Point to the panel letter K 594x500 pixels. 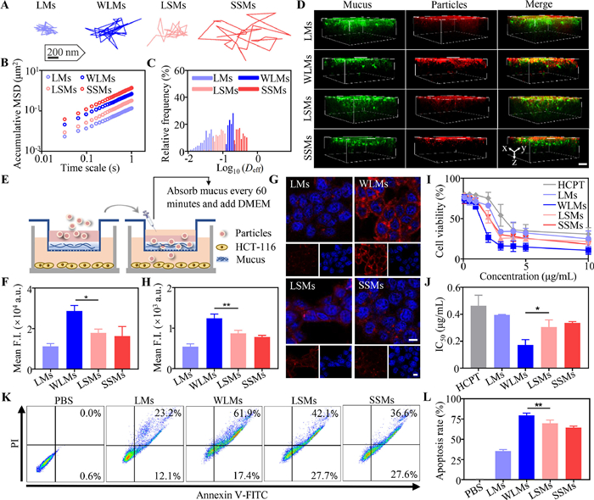click(x=8, y=373)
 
